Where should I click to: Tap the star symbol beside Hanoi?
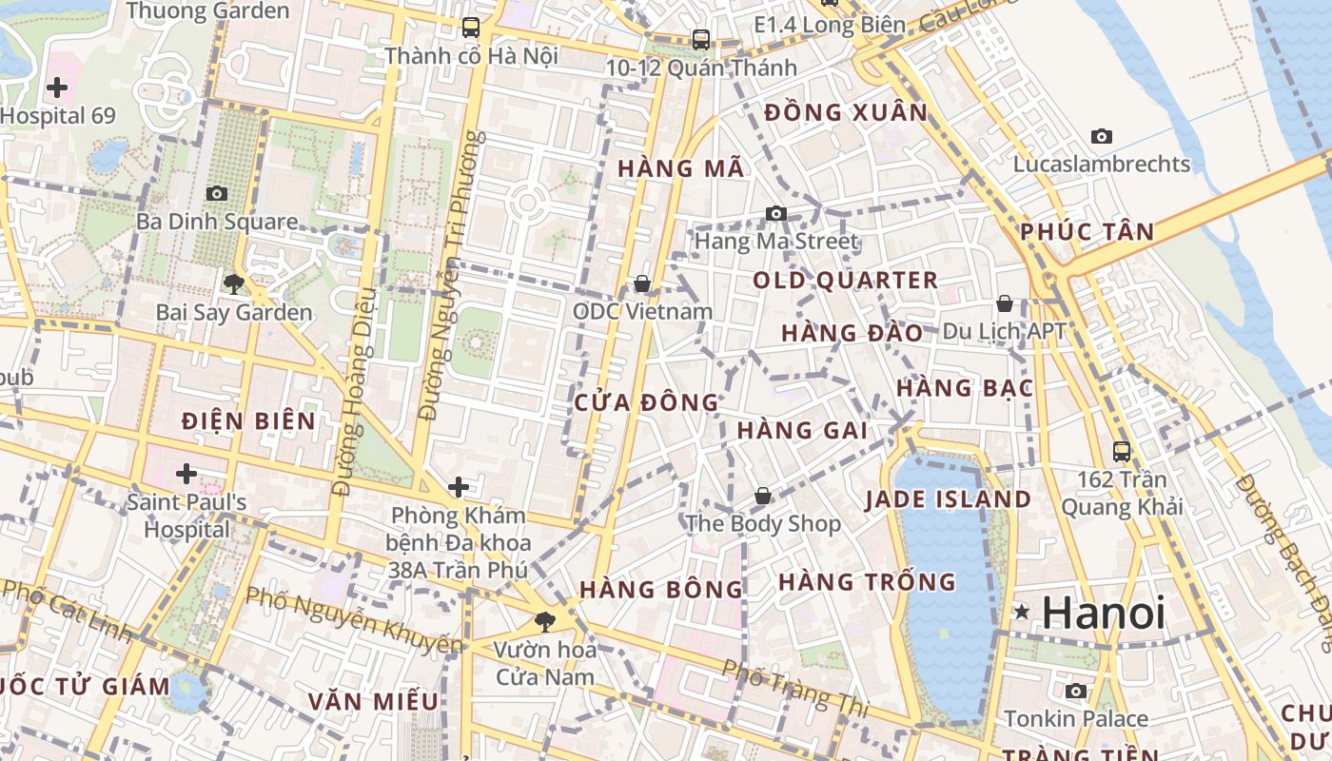1022,612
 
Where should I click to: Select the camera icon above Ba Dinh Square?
217,193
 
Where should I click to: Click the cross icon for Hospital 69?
57,88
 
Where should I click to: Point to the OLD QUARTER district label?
845,281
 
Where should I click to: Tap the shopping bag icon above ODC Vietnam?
642,283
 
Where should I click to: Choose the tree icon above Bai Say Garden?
233,283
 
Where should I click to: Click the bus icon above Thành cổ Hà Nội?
470,27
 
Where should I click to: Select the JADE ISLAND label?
948,499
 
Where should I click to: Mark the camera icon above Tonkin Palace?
1076,691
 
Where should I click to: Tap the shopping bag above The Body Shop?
763,496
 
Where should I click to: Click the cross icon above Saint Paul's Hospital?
186,473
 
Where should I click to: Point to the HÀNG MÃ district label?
680,168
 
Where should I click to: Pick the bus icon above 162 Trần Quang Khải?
1122,451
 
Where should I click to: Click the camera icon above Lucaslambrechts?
1102,136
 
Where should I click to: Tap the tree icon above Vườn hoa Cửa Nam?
545,622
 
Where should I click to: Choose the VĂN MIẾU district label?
373,702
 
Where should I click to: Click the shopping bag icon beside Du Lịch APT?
1005,303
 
